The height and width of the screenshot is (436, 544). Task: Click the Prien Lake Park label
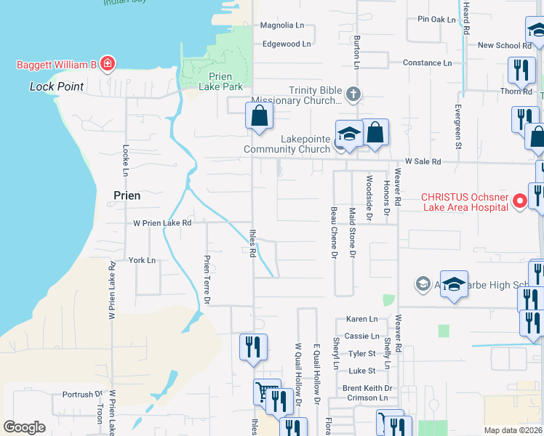[216, 81]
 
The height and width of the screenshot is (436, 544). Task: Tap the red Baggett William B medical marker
[108, 65]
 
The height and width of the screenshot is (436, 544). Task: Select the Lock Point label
[57, 86]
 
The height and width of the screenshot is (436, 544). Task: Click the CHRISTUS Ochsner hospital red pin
[520, 201]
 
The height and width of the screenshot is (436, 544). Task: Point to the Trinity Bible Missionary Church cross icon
[353, 94]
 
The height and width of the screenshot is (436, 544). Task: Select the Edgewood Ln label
[286, 44]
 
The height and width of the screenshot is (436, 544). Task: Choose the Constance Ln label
[427, 62]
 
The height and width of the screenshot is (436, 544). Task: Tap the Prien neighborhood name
[127, 195]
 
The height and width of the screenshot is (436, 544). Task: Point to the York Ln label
[142, 259]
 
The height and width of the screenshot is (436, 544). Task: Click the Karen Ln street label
[361, 319]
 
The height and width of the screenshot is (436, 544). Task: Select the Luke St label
[361, 371]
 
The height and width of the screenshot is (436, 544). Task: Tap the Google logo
[25, 427]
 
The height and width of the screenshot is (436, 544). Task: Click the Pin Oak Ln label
[436, 19]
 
